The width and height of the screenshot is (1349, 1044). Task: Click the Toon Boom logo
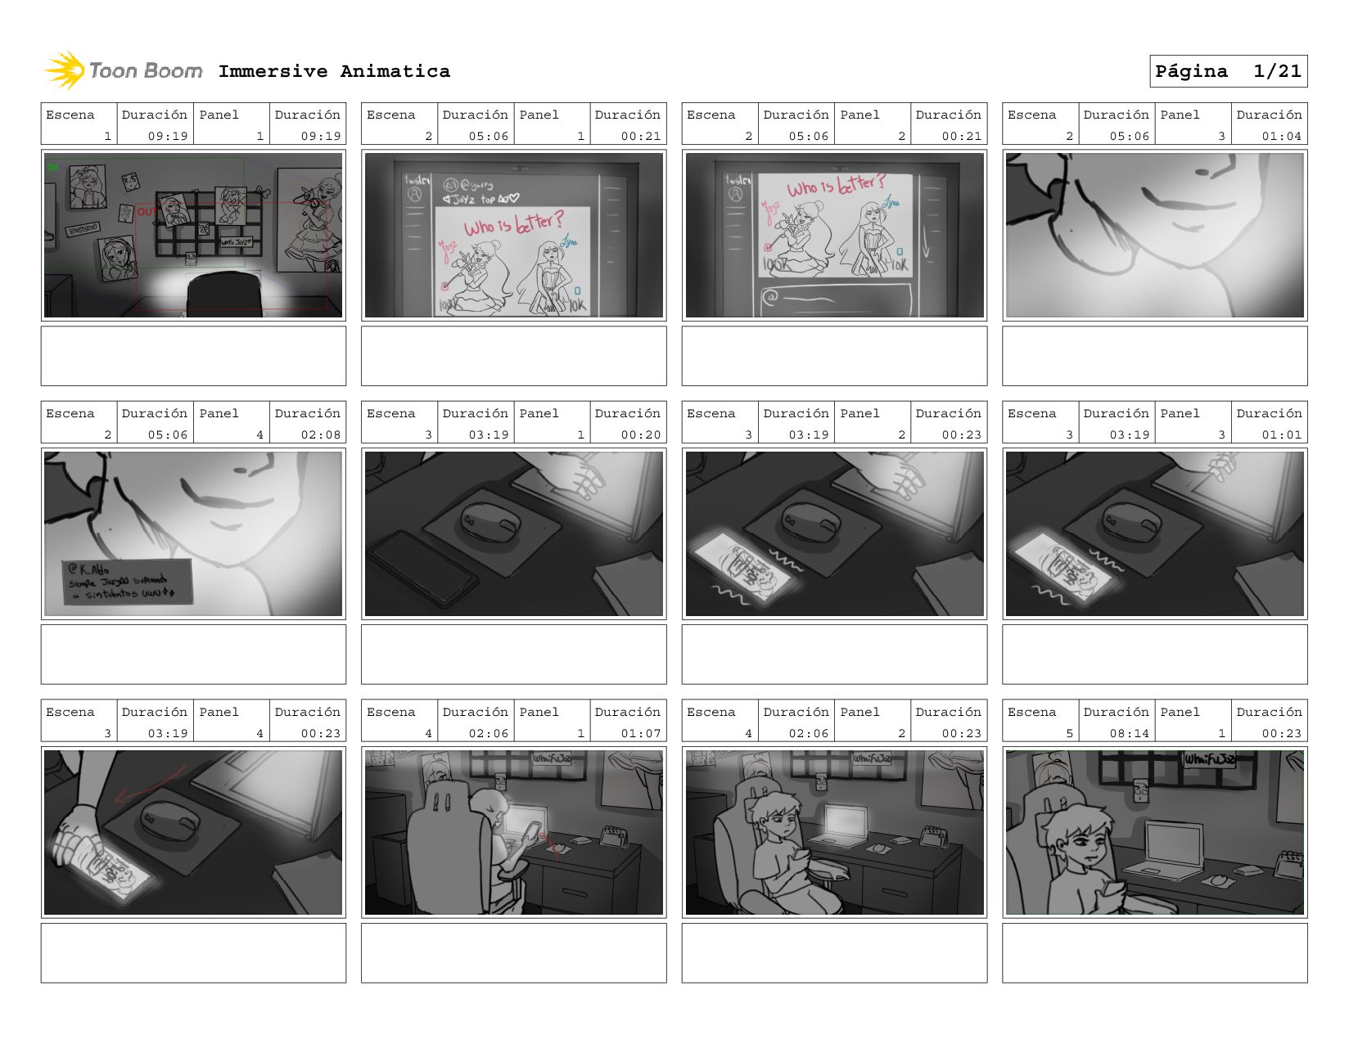tap(123, 71)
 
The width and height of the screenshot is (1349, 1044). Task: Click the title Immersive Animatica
tap(334, 71)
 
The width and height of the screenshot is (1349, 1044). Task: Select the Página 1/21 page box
tap(1228, 71)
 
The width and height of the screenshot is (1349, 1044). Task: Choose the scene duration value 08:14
tap(1129, 733)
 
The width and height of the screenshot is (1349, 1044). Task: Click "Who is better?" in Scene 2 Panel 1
tap(514, 224)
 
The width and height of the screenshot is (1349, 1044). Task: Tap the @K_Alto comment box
tap(127, 582)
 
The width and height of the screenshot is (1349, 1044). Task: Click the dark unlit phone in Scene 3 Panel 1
tap(422, 569)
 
